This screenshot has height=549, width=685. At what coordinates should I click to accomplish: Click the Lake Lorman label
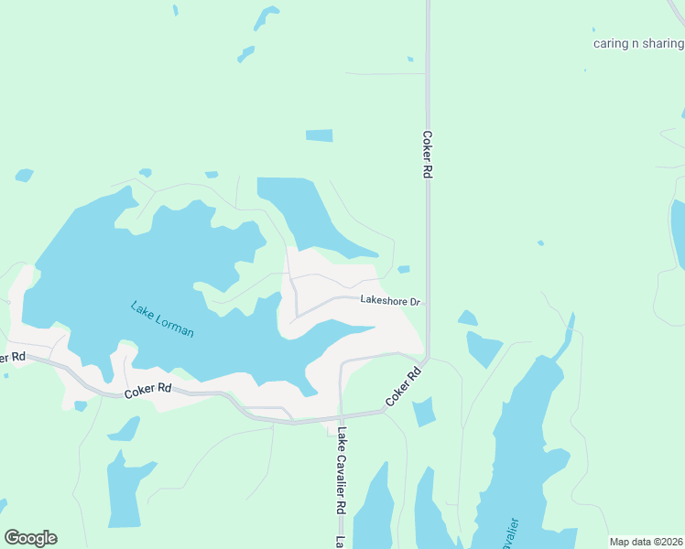(162, 319)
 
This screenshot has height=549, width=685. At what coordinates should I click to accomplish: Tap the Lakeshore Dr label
(389, 300)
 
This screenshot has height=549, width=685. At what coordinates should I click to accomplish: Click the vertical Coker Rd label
(427, 154)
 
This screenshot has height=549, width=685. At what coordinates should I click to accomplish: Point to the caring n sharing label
(638, 43)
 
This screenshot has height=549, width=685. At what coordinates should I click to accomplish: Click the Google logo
(30, 537)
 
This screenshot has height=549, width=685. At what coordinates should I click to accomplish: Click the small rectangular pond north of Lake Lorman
(319, 135)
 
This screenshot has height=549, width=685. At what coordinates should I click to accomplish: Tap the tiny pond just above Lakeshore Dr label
(404, 269)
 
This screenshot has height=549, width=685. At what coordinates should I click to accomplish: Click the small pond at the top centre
(266, 16)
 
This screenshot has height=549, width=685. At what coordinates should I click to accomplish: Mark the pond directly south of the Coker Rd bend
(422, 412)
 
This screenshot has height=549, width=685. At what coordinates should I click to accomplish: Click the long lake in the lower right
(522, 448)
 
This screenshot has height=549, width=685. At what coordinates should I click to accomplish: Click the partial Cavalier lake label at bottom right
(511, 533)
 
